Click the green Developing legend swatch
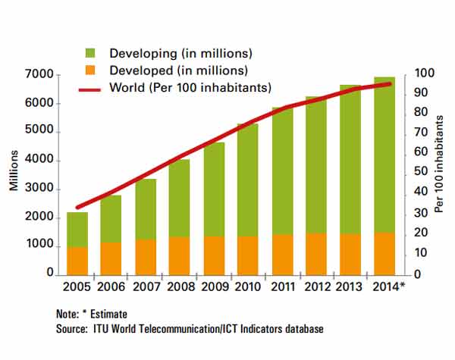89,54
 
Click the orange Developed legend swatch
89,70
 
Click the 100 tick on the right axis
423,74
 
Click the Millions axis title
14,174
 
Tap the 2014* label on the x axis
388,288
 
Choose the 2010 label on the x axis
247,288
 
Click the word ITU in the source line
102,329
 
